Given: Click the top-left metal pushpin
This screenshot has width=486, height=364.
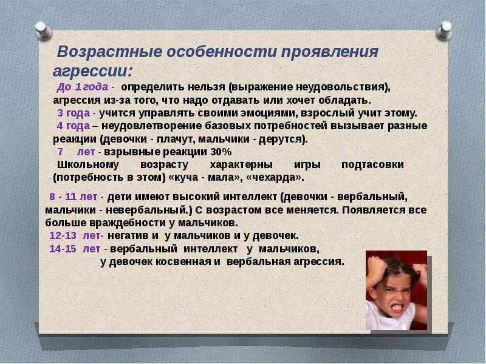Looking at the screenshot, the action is pyautogui.click(x=43, y=31).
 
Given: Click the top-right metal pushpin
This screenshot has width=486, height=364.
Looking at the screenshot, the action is pyautogui.click(x=444, y=30).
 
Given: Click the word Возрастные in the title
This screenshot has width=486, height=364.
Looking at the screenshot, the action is pyautogui.click(x=109, y=52).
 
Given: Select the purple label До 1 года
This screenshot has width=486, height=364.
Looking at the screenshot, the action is pyautogui.click(x=83, y=87).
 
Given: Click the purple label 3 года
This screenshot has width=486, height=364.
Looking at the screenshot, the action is pyautogui.click(x=74, y=113).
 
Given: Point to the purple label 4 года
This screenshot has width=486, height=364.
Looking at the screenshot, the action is pyautogui.click(x=74, y=126).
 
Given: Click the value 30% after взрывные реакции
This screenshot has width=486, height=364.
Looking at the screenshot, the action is pyautogui.click(x=221, y=152).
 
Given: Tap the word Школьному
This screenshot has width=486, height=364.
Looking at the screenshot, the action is pyautogui.click(x=88, y=164).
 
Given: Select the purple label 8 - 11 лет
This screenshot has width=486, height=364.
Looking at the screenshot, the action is pyautogui.click(x=73, y=197).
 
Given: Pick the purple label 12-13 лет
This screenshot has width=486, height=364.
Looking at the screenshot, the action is pyautogui.click(x=75, y=235).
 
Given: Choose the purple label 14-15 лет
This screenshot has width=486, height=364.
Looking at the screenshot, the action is pyautogui.click(x=75, y=249).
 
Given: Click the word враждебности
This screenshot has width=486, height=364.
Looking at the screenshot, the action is pyautogui.click(x=128, y=223).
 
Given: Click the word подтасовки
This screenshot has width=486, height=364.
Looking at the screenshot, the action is pyautogui.click(x=372, y=164).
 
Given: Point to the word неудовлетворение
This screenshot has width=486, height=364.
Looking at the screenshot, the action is pyautogui.click(x=152, y=126).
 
